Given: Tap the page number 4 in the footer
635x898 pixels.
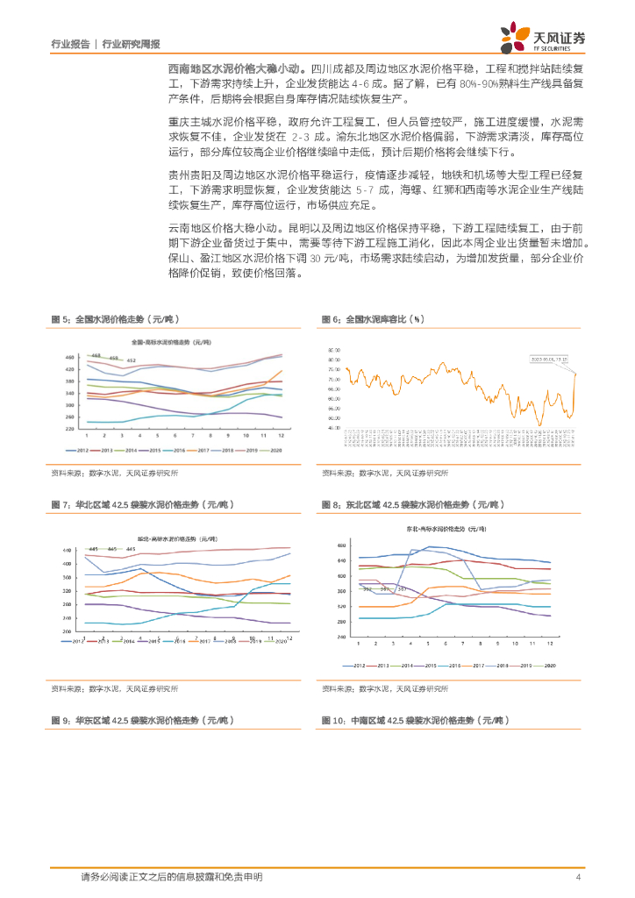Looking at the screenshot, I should click(578, 877).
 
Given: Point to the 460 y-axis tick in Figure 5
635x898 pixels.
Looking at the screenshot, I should click(69, 357).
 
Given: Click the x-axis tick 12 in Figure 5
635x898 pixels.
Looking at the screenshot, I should click(281, 435).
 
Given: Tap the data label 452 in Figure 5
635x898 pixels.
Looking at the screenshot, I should click(130, 361).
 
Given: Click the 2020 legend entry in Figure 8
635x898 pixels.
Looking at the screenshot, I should click(551, 666).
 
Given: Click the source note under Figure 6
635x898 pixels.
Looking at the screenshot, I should click(384, 473).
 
